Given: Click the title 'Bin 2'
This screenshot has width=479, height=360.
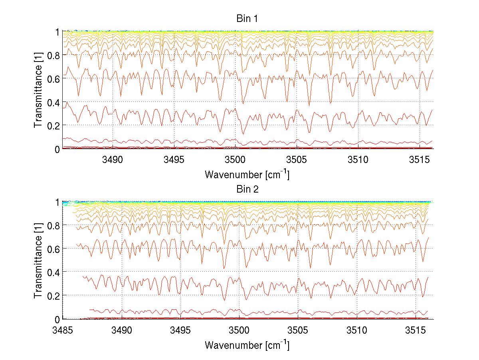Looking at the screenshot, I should [247, 189].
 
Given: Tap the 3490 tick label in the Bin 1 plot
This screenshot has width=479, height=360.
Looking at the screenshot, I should [112, 160].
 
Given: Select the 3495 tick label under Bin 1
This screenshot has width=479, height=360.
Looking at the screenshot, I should [174, 160].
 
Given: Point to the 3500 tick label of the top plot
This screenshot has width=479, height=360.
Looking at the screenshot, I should [235, 160].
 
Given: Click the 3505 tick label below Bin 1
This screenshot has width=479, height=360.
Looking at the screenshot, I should [297, 160].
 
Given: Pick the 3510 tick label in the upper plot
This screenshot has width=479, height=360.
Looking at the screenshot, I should [358, 160].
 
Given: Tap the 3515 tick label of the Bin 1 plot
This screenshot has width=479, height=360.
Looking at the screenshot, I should [420, 160].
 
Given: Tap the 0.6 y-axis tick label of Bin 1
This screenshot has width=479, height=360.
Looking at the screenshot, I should [53, 79].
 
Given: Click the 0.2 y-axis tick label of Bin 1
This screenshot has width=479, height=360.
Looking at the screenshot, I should [53, 126].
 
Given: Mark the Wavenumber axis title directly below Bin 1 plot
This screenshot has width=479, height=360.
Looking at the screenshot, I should [247, 174].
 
